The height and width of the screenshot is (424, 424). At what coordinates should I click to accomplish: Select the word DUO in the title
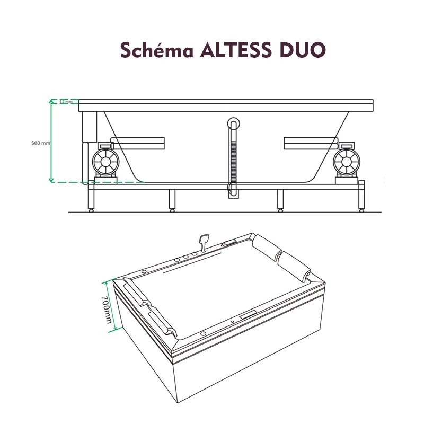pyautogui.click(x=301, y=50)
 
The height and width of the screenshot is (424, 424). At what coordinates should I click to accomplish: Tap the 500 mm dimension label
pyautogui.click(x=40, y=143)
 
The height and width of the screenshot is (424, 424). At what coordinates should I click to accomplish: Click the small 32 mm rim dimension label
pyautogui.click(x=66, y=102)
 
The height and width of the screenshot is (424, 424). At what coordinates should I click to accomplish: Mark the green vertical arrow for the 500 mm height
pyautogui.click(x=51, y=140)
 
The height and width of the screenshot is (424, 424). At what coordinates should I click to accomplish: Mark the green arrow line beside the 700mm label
pyautogui.click(x=112, y=305)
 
